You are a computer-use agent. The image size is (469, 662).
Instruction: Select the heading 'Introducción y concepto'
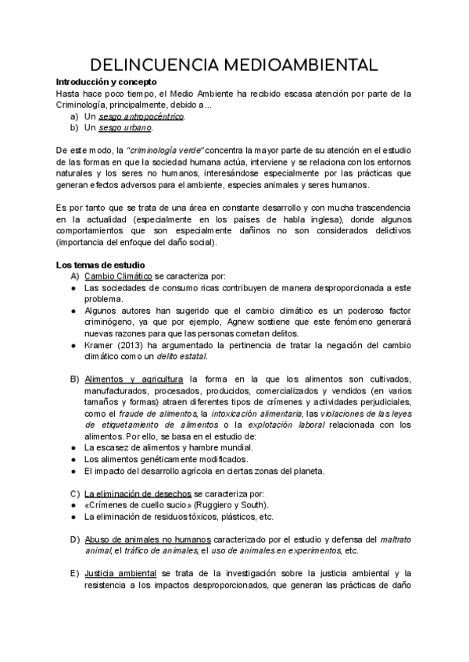tap(106, 82)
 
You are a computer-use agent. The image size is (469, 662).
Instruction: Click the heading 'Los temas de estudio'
tap(99, 265)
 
